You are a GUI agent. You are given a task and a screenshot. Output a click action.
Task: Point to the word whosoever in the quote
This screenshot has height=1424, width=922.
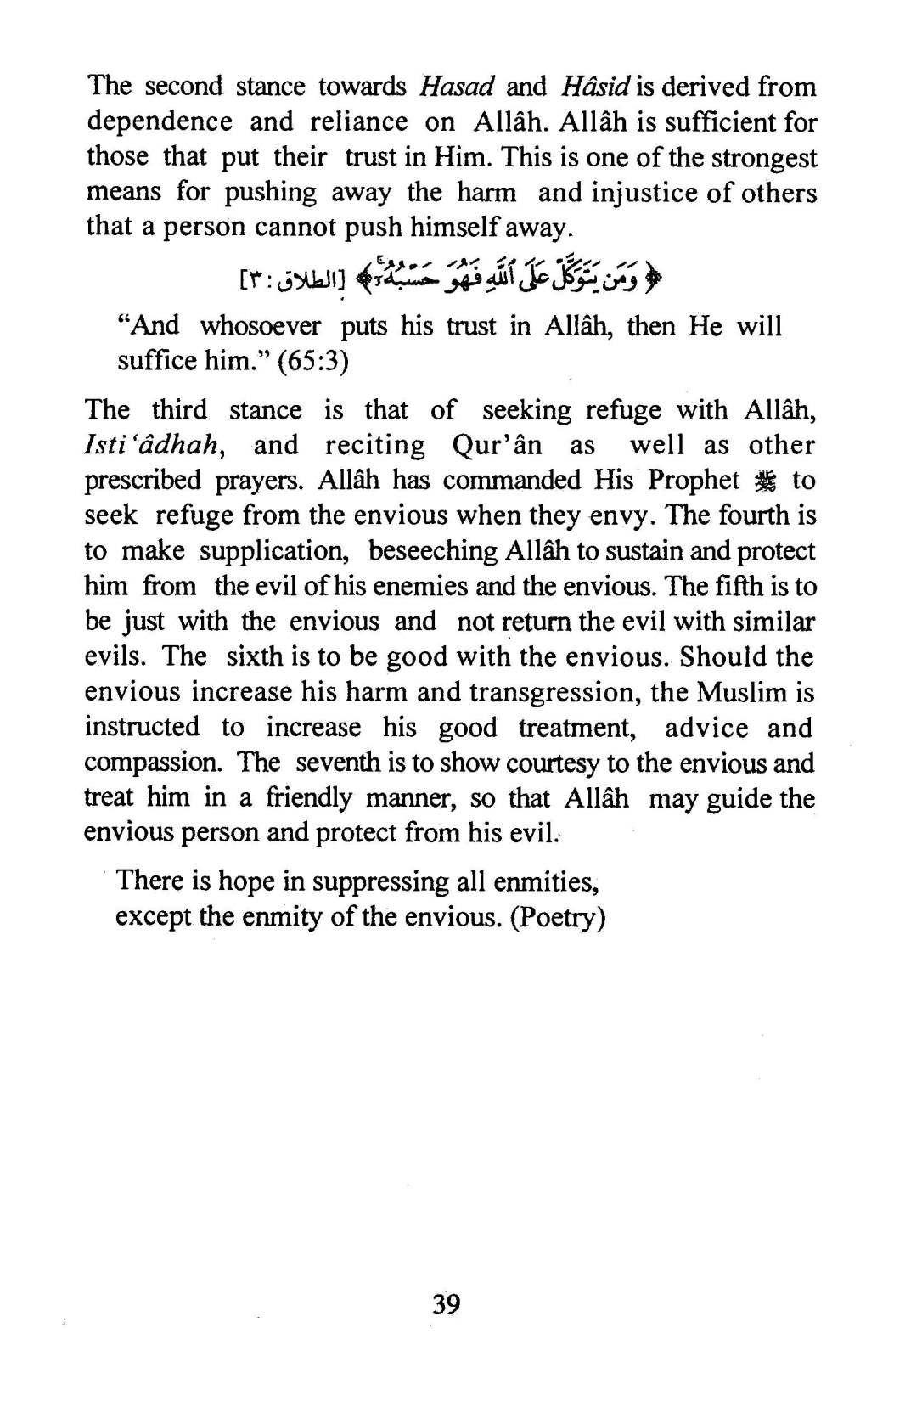(261, 326)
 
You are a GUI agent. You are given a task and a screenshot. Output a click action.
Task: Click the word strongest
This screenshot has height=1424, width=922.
(763, 157)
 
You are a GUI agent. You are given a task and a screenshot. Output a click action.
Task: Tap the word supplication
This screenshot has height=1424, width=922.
(273, 551)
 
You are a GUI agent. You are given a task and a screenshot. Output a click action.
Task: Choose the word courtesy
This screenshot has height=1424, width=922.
(553, 763)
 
